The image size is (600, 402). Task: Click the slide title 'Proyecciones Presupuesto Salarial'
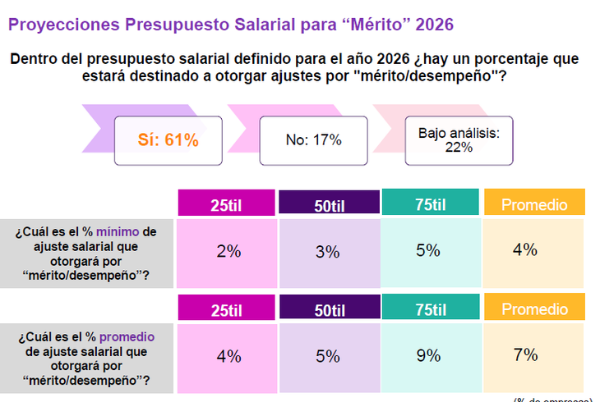click(230, 25)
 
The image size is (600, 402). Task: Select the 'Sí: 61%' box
click(168, 140)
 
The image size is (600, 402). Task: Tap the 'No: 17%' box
click(313, 139)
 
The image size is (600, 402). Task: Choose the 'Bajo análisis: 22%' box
click(459, 140)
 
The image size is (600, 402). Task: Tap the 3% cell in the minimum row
click(328, 252)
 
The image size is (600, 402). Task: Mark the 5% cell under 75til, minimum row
click(430, 251)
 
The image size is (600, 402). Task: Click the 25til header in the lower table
click(228, 310)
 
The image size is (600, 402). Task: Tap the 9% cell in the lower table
click(430, 356)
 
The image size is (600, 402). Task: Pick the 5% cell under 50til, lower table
click(328, 357)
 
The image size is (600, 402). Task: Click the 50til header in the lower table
click(329, 310)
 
